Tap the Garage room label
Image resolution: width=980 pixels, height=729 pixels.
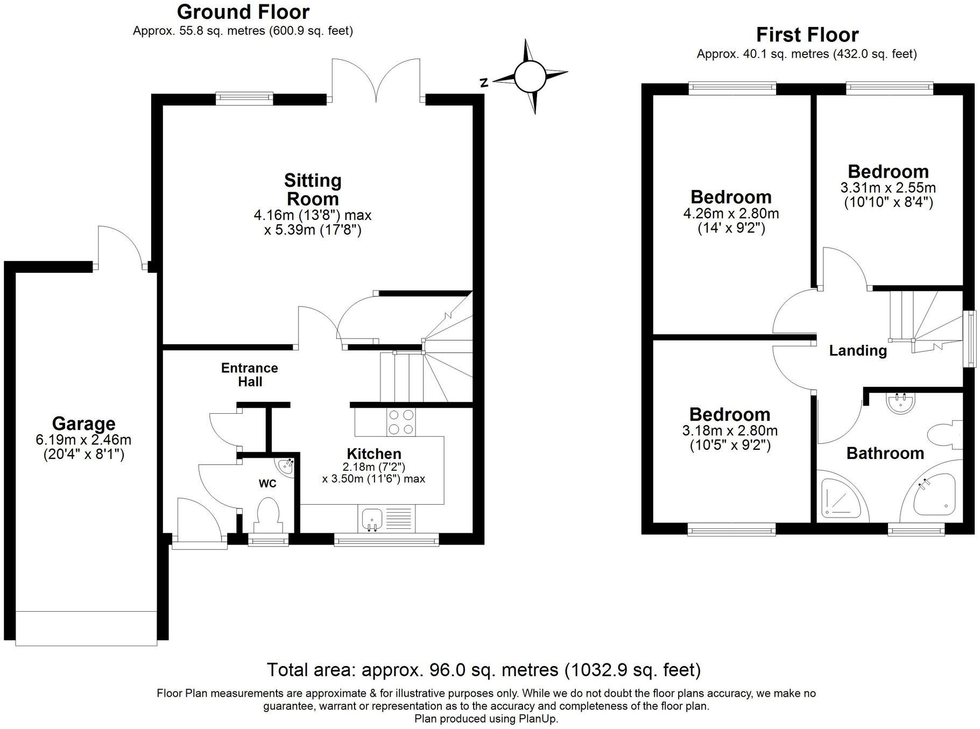click(83, 423)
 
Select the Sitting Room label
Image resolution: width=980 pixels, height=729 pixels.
click(313, 189)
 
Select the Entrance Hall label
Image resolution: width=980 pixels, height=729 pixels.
click(250, 374)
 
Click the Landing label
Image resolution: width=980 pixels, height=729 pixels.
click(857, 351)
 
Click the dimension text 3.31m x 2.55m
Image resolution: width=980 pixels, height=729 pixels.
click(887, 188)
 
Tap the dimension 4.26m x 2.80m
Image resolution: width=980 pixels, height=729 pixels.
click(730, 213)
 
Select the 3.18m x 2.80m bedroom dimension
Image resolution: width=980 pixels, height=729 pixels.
click(729, 430)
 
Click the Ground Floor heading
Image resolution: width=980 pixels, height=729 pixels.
click(243, 12)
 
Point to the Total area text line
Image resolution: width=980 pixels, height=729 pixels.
click(483, 670)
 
